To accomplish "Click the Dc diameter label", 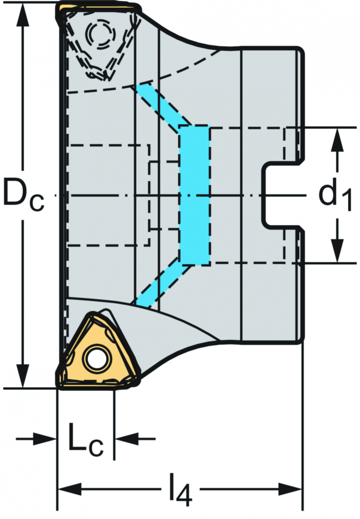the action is (x=23, y=195).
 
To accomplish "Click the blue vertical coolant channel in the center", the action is (x=194, y=195).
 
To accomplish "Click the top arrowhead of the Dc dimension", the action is (x=22, y=13).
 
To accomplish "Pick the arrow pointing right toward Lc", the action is (x=36, y=439).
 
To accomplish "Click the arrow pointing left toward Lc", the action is (x=135, y=439).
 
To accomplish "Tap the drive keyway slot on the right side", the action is (x=282, y=195).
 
